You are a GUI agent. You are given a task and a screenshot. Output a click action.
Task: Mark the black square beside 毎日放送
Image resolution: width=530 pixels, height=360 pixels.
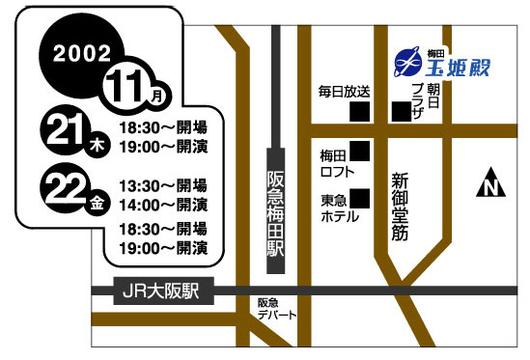(360, 111)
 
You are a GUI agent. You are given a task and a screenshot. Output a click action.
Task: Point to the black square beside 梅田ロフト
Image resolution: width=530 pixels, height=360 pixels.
(361, 151)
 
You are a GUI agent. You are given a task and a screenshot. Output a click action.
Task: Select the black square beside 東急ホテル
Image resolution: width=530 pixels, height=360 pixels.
(361, 198)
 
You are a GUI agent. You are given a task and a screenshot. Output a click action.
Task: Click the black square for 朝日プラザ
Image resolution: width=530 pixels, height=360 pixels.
(400, 111)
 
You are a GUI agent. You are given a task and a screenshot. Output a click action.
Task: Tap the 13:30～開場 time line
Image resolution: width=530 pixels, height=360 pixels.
(162, 184)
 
